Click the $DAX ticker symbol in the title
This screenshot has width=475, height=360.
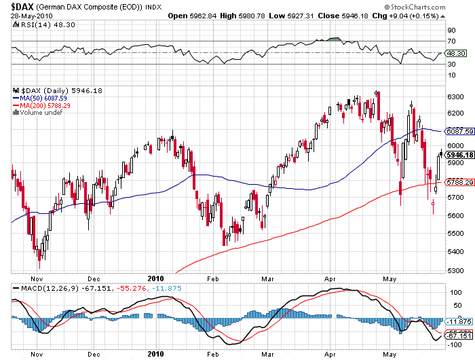point(15,5)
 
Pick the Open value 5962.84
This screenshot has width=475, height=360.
point(204,15)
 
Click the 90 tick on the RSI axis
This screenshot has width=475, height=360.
point(450,31)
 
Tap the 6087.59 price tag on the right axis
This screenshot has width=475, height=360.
point(457,130)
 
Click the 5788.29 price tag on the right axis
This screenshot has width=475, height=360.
point(457,182)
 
